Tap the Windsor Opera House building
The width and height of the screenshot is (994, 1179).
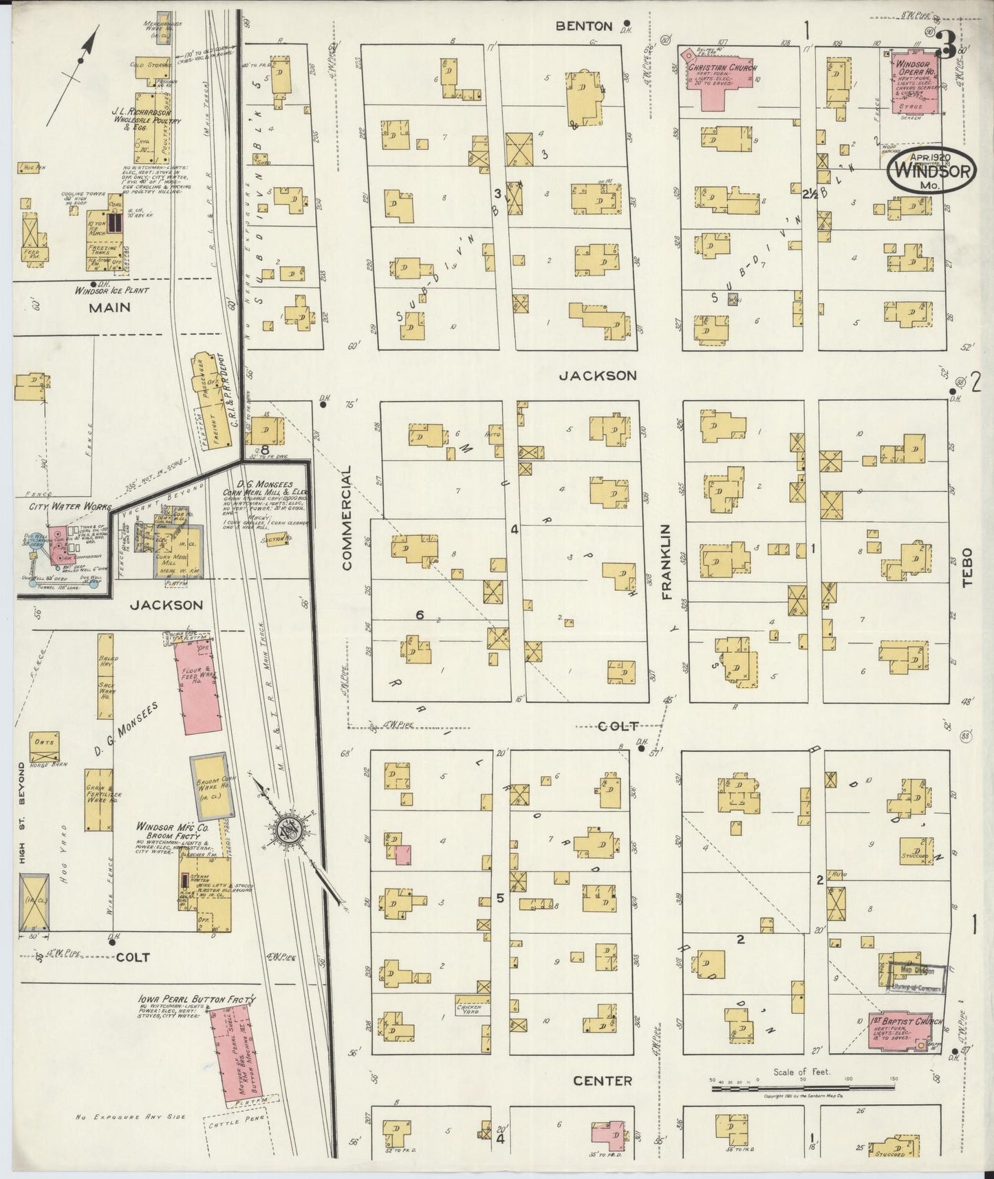(x=916, y=83)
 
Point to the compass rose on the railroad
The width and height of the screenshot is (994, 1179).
(x=287, y=832)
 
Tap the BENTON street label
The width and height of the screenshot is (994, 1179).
(x=584, y=26)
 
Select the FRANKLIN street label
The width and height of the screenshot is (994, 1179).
(x=667, y=562)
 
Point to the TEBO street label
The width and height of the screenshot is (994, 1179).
(x=968, y=567)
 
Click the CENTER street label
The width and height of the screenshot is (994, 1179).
(x=603, y=1081)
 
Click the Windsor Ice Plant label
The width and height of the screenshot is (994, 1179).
(x=112, y=291)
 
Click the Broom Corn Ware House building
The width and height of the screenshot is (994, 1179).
(x=208, y=786)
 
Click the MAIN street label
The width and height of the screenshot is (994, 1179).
(x=110, y=307)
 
